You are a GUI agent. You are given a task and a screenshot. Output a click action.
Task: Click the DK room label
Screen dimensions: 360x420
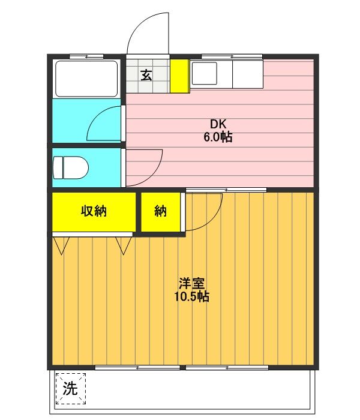(x=218, y=124)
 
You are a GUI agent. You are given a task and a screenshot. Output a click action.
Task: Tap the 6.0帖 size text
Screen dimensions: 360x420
(x=218, y=137)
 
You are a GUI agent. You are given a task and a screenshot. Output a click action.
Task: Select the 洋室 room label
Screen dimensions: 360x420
(x=192, y=283)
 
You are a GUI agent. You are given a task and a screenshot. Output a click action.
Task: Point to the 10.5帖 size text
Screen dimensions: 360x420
(x=192, y=296)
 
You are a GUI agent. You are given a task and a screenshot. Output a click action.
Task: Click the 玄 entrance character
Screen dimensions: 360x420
(x=146, y=75)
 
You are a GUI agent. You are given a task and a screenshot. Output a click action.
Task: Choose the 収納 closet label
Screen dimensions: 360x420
(x=94, y=211)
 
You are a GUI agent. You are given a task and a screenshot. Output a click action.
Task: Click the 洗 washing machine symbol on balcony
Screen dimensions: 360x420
(x=71, y=389)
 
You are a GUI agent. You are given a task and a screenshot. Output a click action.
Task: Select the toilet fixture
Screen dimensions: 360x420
(x=71, y=167)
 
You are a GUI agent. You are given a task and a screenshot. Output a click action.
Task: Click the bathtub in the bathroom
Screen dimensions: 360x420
(x=86, y=79)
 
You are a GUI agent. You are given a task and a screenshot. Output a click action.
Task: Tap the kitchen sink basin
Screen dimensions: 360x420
(x=205, y=73)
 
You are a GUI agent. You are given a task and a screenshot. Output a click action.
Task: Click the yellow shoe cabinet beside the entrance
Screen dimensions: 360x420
(x=180, y=76)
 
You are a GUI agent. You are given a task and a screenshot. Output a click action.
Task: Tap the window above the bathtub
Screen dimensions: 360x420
(x=86, y=56)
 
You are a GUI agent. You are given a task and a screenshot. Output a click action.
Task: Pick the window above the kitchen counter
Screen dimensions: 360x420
(x=232, y=56)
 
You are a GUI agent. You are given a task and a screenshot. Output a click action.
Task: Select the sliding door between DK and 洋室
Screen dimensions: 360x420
(x=226, y=190)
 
